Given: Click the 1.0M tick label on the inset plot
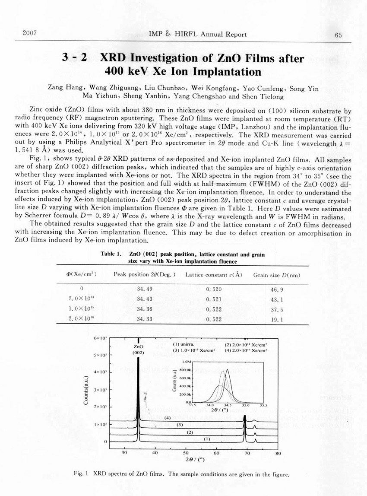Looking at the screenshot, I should point(186,360).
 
